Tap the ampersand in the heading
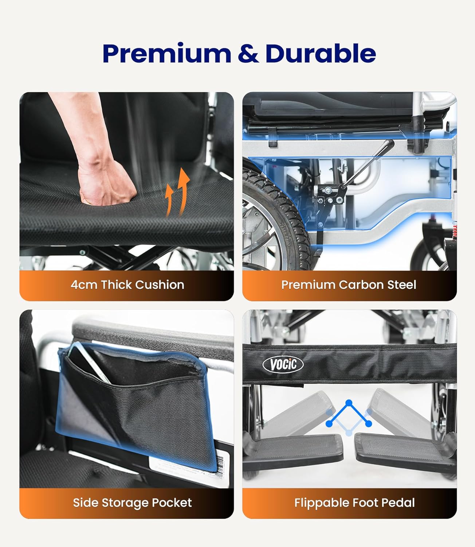tap(248, 54)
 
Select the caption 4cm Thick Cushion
tap(127, 285)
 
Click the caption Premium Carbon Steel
tap(349, 285)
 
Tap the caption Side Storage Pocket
tap(132, 503)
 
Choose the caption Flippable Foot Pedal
tap(354, 503)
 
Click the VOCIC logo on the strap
tap(283, 364)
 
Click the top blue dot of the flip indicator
tap(349, 403)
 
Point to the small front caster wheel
tap(427, 257)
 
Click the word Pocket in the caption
tap(172, 503)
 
